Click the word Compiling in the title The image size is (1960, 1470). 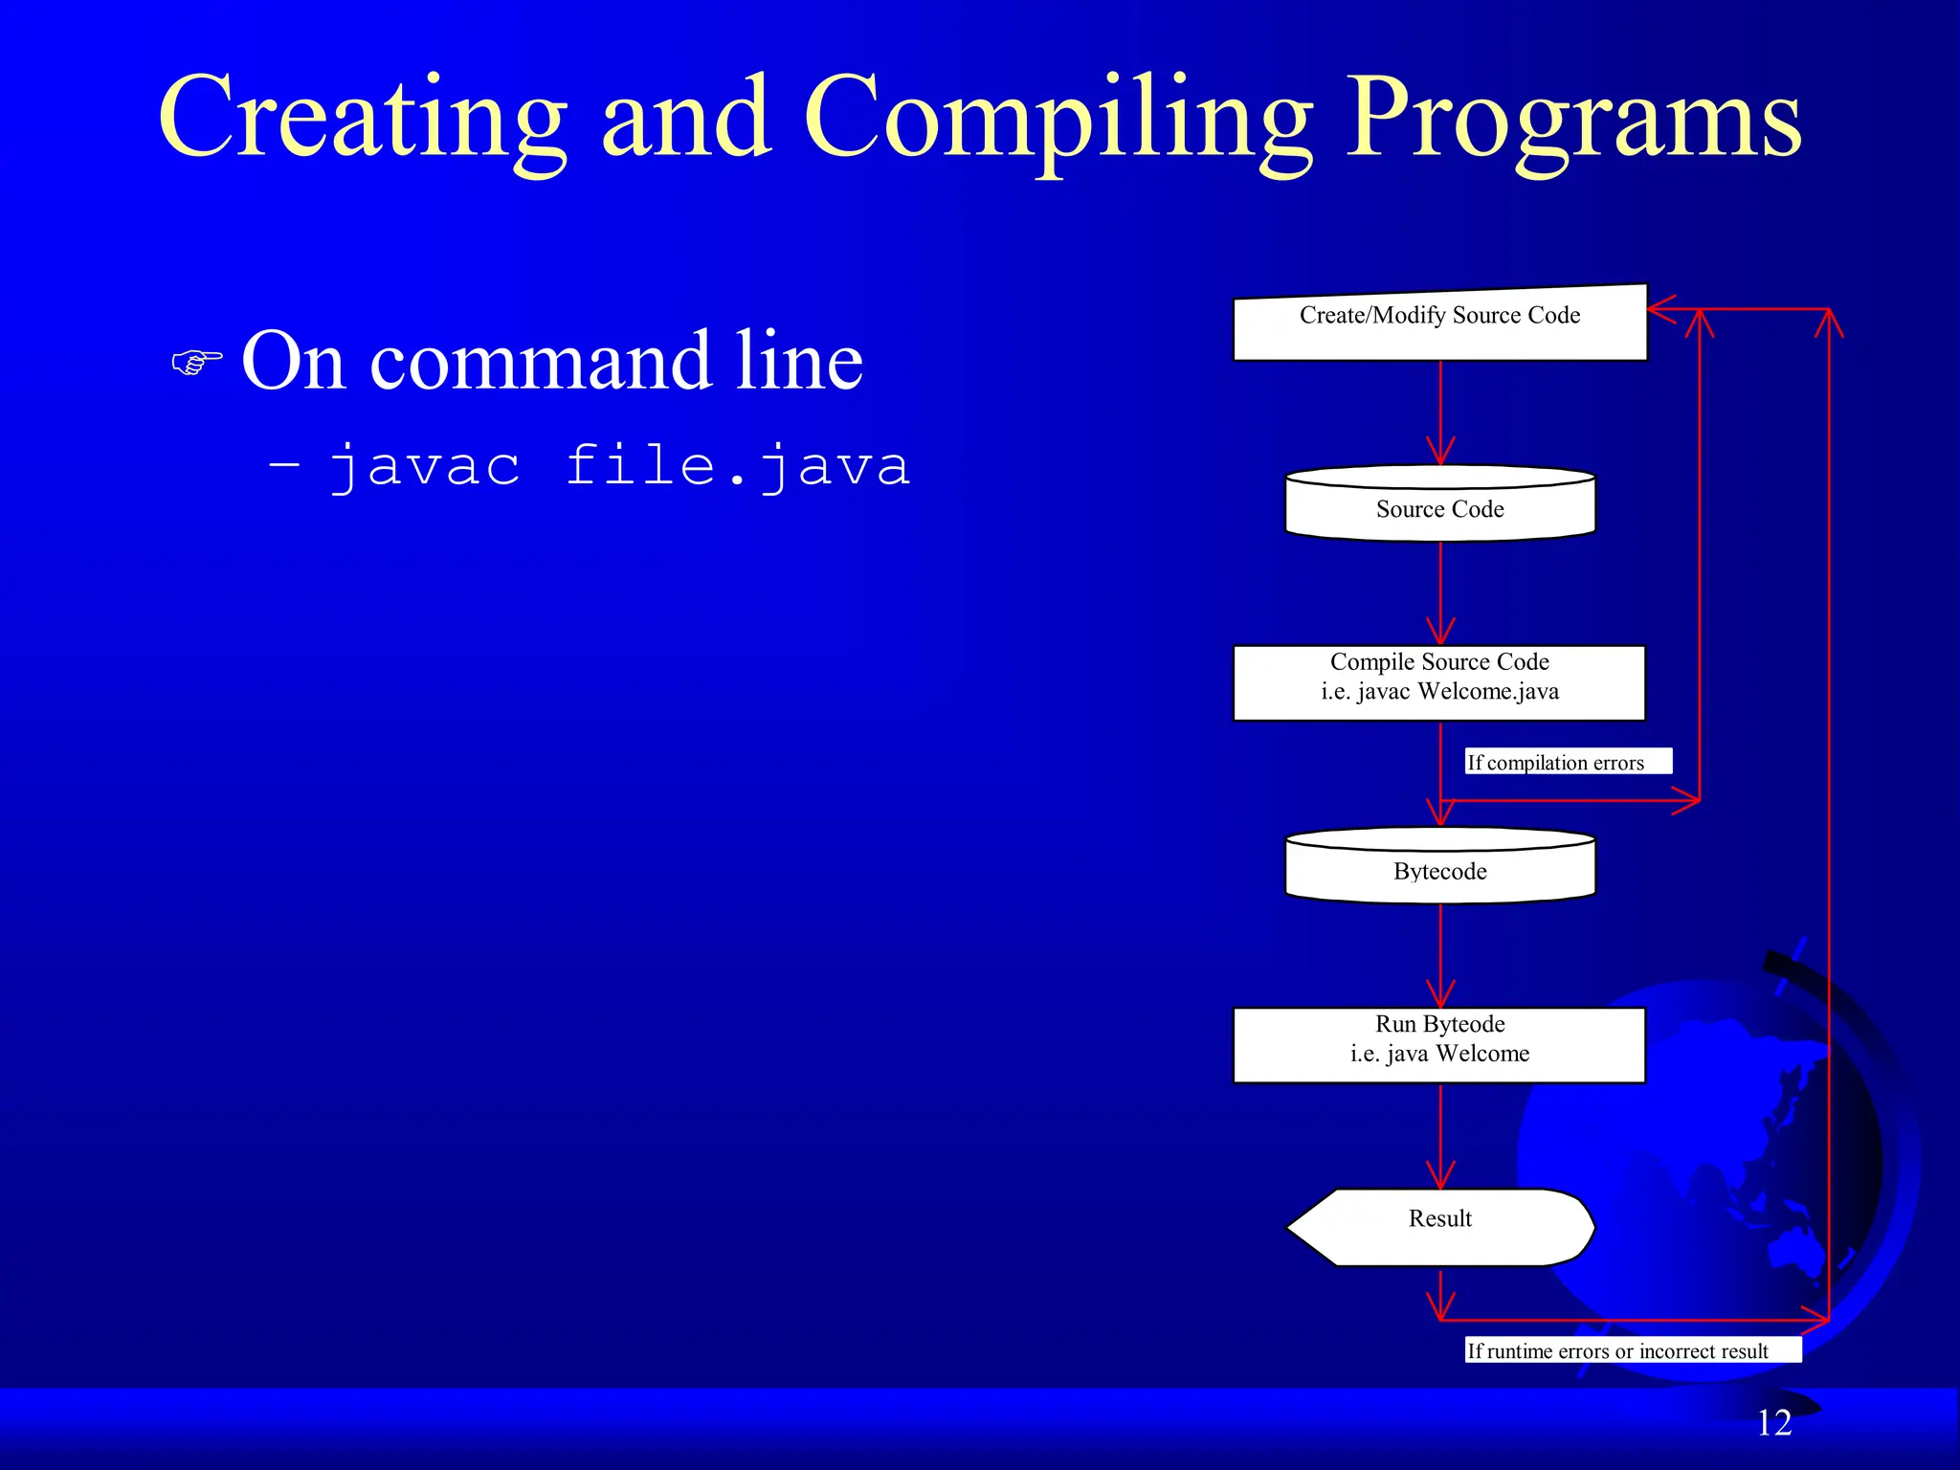(x=1058, y=120)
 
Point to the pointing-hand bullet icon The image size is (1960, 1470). (x=196, y=363)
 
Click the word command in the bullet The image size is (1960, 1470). (x=542, y=362)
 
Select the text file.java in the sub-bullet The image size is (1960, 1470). (x=737, y=466)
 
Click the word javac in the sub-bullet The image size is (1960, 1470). (x=425, y=466)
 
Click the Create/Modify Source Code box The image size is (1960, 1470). (x=1439, y=323)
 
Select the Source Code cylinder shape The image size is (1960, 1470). (x=1439, y=504)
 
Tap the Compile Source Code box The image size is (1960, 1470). (x=1439, y=682)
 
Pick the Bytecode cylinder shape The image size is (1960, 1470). (x=1439, y=866)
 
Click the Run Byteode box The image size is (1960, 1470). (x=1439, y=1044)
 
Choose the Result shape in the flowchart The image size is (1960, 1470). (x=1439, y=1226)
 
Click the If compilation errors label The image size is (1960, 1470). (x=1568, y=762)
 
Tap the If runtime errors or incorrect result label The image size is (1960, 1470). (x=1632, y=1349)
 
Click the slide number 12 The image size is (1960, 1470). (x=1773, y=1423)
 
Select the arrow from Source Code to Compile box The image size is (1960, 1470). (x=1440, y=593)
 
